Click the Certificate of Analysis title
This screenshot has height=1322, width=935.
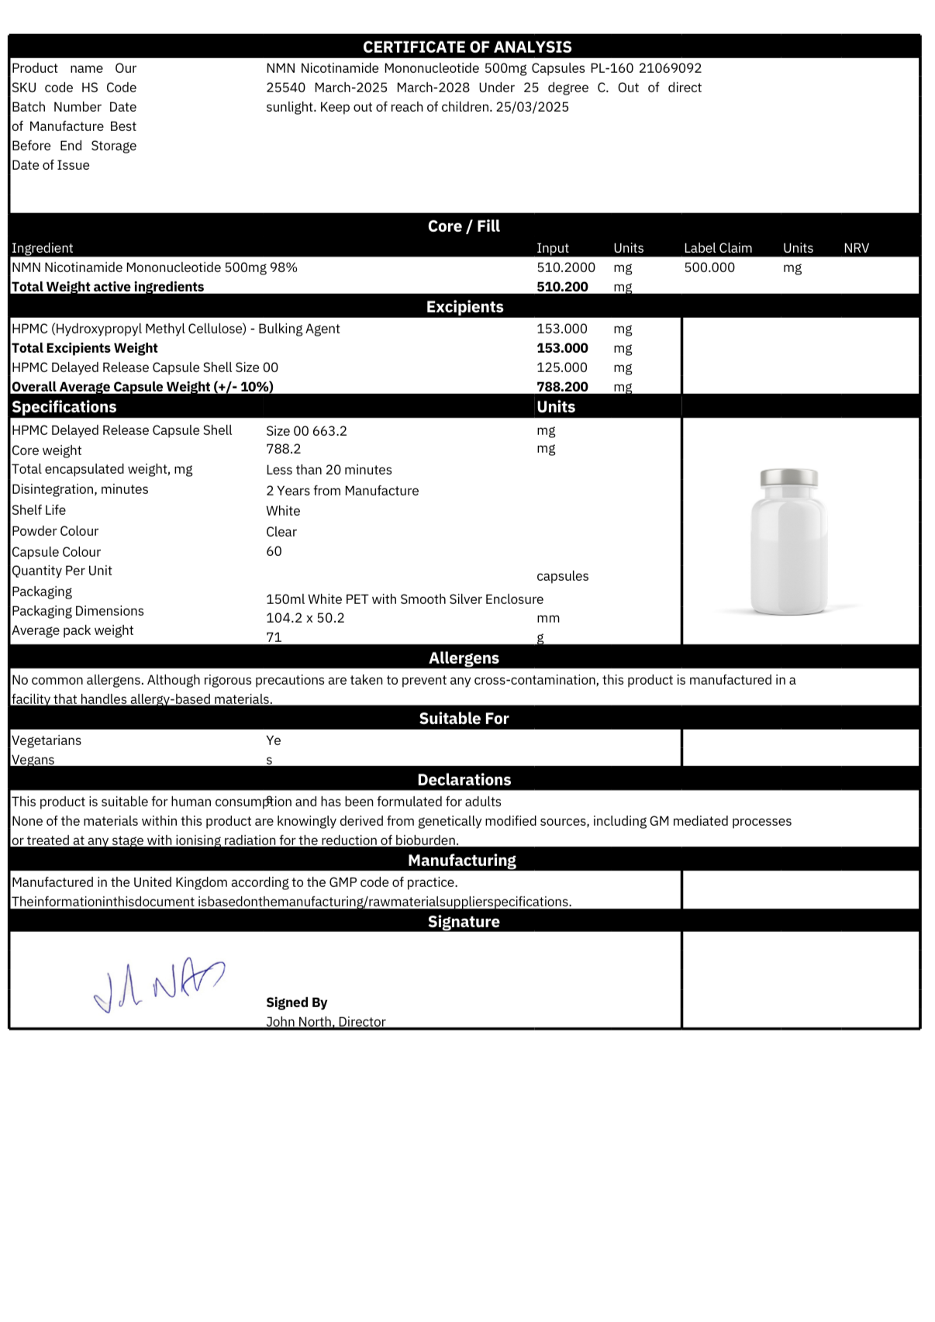pos(467,47)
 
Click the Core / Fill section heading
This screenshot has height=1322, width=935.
pos(464,226)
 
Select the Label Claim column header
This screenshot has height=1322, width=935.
pos(717,248)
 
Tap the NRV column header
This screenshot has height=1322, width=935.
pos(856,248)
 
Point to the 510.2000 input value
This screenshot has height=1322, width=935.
pos(566,268)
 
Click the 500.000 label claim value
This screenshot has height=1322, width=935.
pos(709,268)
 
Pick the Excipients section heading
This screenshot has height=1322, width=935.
pos(464,307)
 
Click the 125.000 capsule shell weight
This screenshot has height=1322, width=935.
pos(562,368)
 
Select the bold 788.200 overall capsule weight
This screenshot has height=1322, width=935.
pos(562,387)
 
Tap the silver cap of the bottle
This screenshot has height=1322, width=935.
pos(788,478)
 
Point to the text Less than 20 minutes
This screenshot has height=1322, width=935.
pos(329,470)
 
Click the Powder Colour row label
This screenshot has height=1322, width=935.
pos(55,531)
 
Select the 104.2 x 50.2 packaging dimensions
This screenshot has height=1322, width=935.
pos(305,618)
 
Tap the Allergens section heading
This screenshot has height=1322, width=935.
pos(464,658)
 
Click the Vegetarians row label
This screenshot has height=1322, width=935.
pos(47,740)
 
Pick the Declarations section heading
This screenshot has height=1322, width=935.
pos(464,780)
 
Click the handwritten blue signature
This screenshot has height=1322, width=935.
pos(159,985)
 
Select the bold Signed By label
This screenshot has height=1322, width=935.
pos(296,1003)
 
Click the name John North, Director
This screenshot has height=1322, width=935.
pos(326,1022)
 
